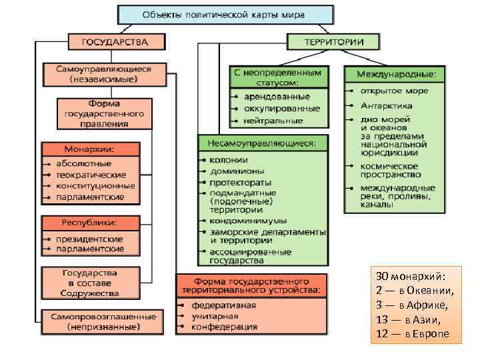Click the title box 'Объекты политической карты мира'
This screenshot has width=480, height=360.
click(x=225, y=14)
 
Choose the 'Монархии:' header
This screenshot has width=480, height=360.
click(x=89, y=148)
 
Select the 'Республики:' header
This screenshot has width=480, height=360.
click(x=89, y=222)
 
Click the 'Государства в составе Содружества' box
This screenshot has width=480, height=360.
click(x=89, y=283)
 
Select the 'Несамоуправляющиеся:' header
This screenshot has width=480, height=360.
click(x=262, y=143)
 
